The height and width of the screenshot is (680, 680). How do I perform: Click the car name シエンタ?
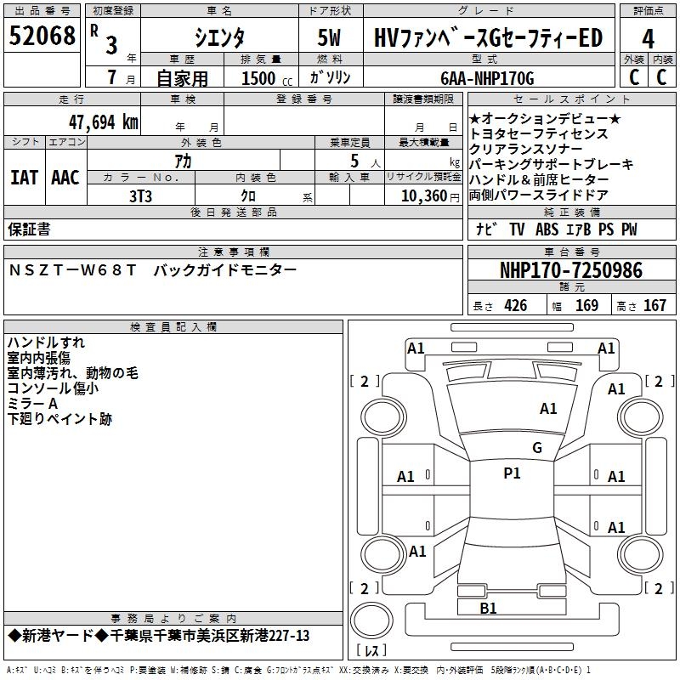[218, 38]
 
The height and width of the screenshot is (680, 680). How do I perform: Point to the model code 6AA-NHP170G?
[488, 78]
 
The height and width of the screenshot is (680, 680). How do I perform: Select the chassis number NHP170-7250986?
[571, 271]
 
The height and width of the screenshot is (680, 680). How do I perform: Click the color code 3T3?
[140, 196]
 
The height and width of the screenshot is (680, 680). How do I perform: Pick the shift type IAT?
[24, 178]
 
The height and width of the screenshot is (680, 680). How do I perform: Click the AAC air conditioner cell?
[65, 178]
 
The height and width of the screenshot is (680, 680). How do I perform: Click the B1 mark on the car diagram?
[488, 608]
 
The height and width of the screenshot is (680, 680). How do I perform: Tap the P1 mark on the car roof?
[512, 473]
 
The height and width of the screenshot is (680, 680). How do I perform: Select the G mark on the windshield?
[536, 448]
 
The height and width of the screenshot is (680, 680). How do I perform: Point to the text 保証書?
[29, 229]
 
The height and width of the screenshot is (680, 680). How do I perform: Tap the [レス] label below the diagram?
[371, 650]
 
